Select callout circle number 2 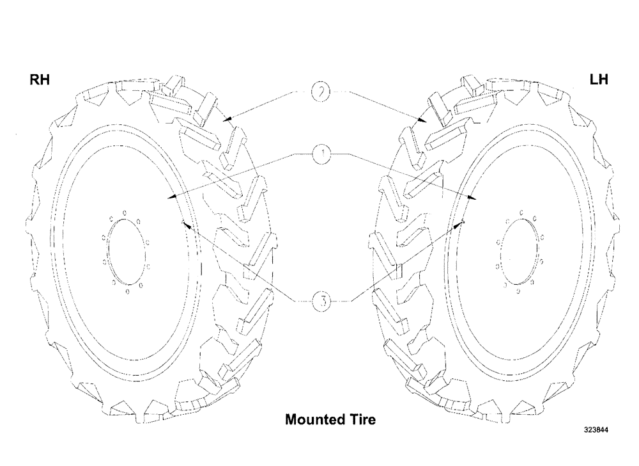coord(321,92)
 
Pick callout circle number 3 coord(321,301)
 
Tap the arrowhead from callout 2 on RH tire coord(225,120)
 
